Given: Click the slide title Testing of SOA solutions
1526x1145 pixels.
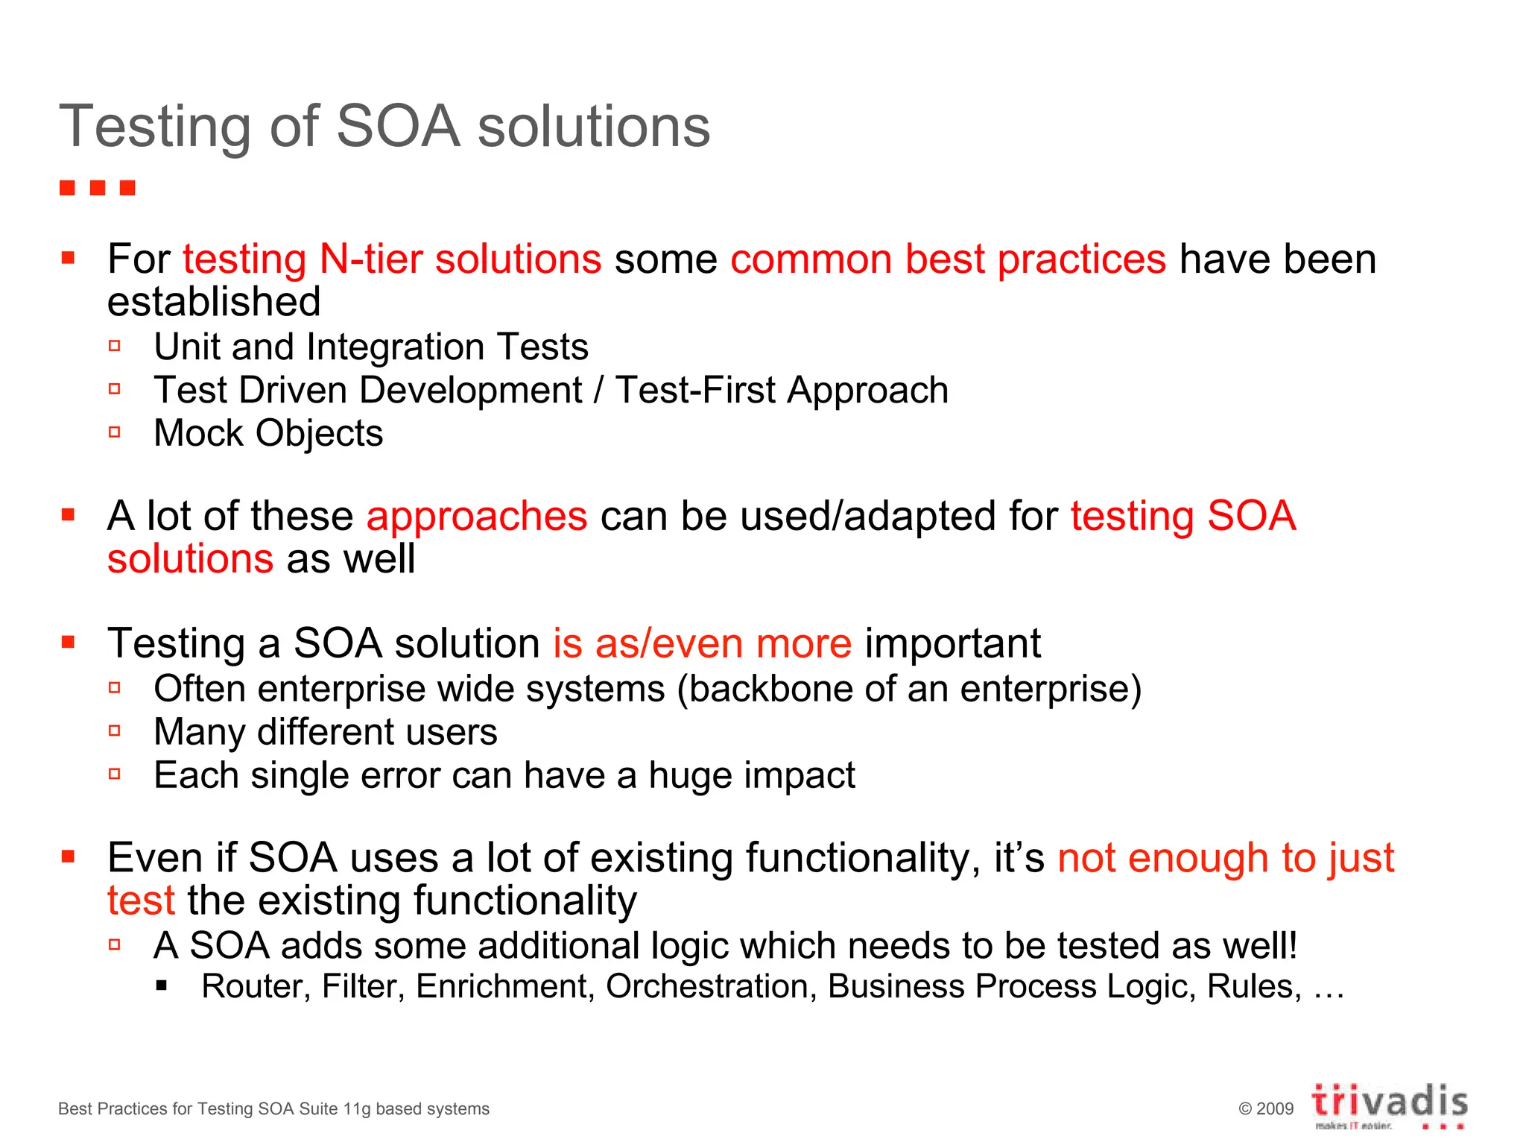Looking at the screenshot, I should click(x=384, y=127).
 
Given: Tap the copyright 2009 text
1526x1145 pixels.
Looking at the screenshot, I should click(x=1266, y=1108).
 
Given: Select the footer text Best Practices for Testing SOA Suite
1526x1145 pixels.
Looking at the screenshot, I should click(x=273, y=1108).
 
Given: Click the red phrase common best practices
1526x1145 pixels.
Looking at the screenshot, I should click(x=948, y=259).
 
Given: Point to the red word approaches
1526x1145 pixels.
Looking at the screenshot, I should click(x=477, y=516).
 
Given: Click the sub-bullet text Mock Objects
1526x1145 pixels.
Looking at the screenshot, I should click(x=268, y=433).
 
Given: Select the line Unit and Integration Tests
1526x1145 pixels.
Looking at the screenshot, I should click(x=371, y=347).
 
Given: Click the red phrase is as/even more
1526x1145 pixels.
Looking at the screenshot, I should click(x=702, y=643).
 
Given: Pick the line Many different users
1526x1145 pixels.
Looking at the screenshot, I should click(x=326, y=732).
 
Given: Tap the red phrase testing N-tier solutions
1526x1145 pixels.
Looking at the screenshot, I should click(x=392, y=259).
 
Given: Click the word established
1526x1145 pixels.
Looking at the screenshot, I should click(x=214, y=302).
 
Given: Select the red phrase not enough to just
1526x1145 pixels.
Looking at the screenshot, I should click(x=1226, y=858).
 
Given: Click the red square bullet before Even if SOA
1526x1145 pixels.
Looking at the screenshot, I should click(x=69, y=857).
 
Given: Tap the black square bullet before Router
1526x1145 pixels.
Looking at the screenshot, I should click(x=162, y=986).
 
